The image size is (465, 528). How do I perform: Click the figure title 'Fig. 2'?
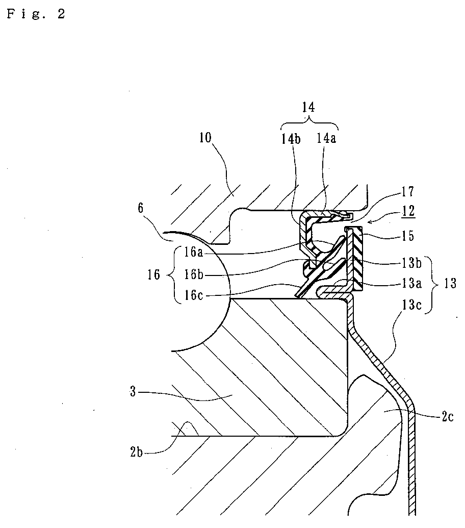coord(36,14)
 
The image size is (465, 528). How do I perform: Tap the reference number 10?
coord(205,137)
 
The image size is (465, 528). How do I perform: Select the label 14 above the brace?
coord(308,107)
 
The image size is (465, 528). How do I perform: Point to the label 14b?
coord(291,139)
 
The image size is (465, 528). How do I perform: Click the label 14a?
coord(326,138)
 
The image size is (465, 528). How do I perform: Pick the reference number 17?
coord(408,192)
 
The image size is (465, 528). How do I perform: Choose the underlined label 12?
coord(408,211)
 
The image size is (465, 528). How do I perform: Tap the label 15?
coord(408,236)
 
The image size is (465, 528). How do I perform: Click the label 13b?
coord(411,263)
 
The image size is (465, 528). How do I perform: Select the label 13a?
coord(411,283)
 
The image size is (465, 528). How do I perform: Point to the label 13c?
coord(411,305)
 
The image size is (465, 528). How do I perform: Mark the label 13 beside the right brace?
coord(450,283)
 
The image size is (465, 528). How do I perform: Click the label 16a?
coord(193,252)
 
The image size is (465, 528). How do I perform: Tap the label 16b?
coord(193,274)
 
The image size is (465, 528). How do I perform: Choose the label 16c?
coord(193,295)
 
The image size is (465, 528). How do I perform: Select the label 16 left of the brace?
coord(153,275)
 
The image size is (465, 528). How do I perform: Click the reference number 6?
coord(140,208)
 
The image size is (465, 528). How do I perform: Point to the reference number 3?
coord(133,392)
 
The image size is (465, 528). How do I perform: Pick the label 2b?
coord(136,452)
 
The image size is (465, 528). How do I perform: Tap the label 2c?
coord(448,417)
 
